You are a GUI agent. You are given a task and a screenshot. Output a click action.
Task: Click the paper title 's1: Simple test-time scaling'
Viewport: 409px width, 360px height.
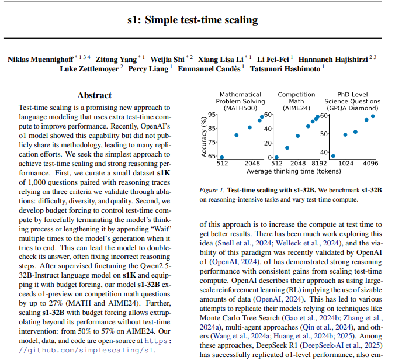click(x=192, y=20)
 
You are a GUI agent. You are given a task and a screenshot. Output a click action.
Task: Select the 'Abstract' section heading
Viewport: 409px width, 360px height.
click(x=94, y=95)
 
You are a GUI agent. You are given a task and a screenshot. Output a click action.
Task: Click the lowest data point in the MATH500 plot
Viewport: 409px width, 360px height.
click(x=221, y=157)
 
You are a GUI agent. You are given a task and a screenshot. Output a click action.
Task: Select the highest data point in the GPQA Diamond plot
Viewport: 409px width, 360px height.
click(x=373, y=116)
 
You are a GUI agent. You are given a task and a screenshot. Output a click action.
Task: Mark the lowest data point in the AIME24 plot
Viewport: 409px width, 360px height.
click(x=276, y=157)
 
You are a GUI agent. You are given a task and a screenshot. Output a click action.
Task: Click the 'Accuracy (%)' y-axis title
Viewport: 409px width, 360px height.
click(x=204, y=136)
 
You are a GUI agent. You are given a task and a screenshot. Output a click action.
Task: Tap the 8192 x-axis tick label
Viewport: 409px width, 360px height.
click(x=319, y=164)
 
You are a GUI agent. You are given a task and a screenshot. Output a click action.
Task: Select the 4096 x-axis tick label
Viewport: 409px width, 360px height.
click(x=370, y=164)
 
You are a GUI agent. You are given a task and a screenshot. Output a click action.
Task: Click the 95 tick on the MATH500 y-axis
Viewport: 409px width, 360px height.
click(x=212, y=115)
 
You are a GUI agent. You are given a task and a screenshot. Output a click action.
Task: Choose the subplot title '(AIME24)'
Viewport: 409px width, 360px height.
click(x=296, y=108)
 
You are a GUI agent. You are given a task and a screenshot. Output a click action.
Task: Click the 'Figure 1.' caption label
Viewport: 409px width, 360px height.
click(x=212, y=191)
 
